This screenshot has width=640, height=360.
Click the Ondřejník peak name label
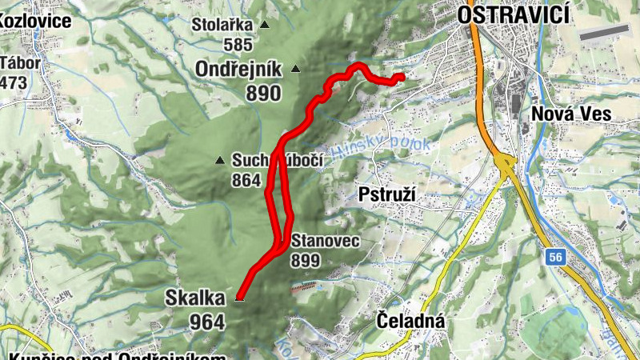(238, 70)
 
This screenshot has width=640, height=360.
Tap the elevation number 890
(263, 93)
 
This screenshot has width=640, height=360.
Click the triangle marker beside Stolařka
(265, 26)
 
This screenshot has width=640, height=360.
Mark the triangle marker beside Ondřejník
(296, 70)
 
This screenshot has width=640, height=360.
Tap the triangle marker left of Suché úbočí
(220, 161)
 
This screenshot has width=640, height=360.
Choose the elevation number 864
(246, 181)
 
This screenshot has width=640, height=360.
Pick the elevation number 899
(306, 260)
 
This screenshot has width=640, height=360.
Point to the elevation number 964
(206, 322)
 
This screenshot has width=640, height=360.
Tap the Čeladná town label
(409, 322)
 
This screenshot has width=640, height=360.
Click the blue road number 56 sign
(556, 257)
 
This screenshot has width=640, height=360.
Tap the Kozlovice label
(35, 19)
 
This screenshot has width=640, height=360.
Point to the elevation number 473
(14, 82)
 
